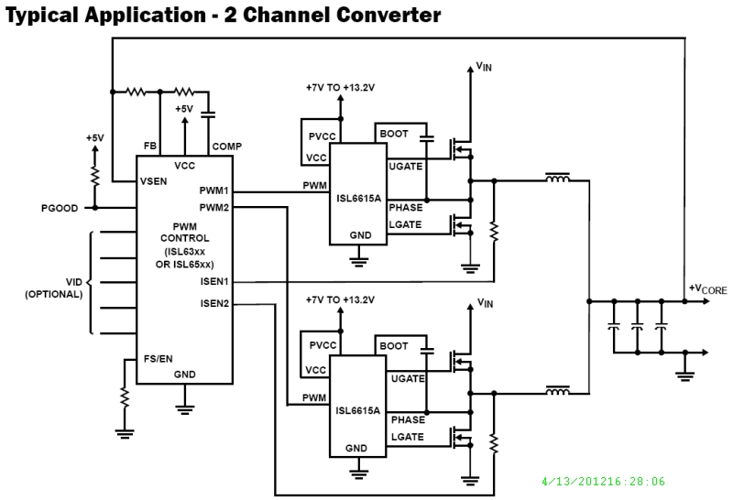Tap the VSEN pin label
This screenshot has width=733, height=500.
[x=154, y=180]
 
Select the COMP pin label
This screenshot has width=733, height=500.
[x=226, y=147]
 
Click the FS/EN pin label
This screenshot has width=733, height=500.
[x=158, y=358]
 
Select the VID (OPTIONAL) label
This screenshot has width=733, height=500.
[x=54, y=288]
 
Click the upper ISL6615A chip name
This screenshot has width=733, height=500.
[x=360, y=198]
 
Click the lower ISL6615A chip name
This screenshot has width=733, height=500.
[x=360, y=410]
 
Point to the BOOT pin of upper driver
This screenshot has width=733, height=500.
[x=394, y=135]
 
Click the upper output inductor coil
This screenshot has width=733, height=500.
[x=556, y=179]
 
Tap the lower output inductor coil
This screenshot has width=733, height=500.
[x=556, y=392]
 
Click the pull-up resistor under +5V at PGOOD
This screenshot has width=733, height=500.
[x=94, y=174]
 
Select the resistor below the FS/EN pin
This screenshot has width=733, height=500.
[x=122, y=398]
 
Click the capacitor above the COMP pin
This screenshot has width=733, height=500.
[x=208, y=115]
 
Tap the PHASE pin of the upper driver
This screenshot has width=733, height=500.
[x=406, y=207]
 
